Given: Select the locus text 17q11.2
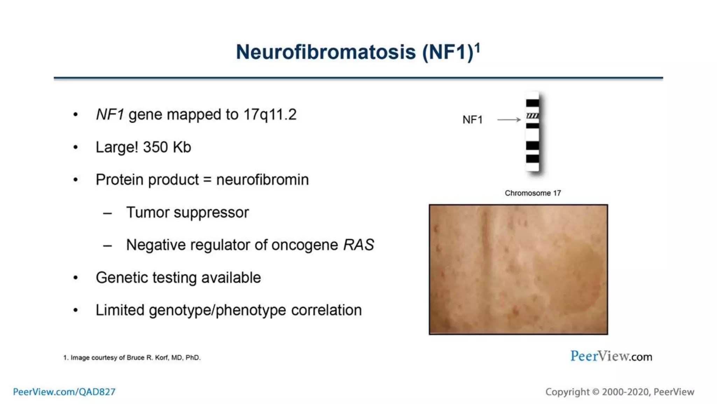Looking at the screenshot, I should pyautogui.click(x=270, y=115).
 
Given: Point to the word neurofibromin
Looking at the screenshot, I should pyautogui.click(x=262, y=180).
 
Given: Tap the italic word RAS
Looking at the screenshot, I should pyautogui.click(x=358, y=245).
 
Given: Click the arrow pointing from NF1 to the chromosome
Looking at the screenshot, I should pyautogui.click(x=509, y=120).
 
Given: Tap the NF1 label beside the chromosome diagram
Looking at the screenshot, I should pyautogui.click(x=472, y=120).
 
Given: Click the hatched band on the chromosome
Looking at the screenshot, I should pyautogui.click(x=532, y=116).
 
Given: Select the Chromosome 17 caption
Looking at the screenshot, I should pyautogui.click(x=532, y=193).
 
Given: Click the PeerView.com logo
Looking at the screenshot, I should pyautogui.click(x=611, y=356).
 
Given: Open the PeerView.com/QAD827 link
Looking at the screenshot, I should pyautogui.click(x=64, y=392).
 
